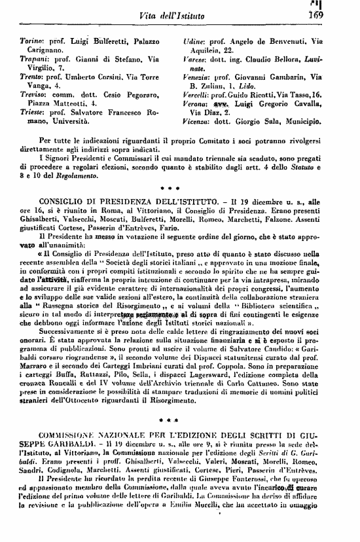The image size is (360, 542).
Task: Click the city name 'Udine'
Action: [x=194, y=41]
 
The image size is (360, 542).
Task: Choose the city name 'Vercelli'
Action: [x=197, y=95]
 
